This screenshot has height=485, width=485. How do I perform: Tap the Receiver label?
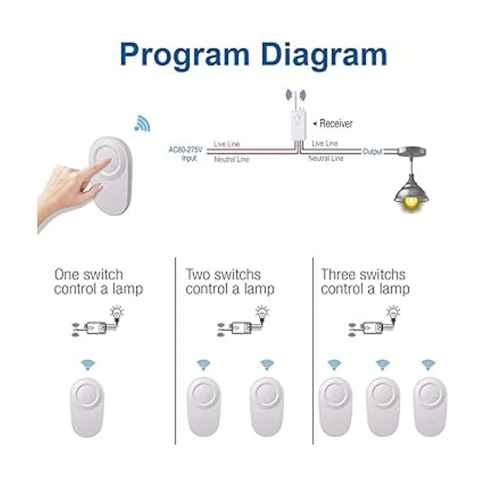(335, 124)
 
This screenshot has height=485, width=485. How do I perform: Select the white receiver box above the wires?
(298, 124)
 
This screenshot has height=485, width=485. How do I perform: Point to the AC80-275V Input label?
(186, 154)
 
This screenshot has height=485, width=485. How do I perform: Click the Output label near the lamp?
(372, 152)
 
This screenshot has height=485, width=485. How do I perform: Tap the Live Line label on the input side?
(226, 144)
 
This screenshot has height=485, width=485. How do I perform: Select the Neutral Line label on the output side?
(326, 158)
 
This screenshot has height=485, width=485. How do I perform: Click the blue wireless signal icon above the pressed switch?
(143, 124)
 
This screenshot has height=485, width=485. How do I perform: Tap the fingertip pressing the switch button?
(108, 160)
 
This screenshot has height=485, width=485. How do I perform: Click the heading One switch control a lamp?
(98, 282)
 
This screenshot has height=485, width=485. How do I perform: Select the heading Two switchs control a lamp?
(230, 282)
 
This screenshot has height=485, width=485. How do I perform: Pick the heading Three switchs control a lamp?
(365, 282)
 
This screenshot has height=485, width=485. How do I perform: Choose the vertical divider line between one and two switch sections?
(175, 351)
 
